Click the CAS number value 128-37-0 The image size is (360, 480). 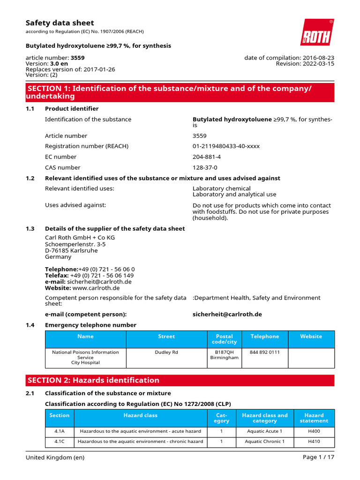(x=205, y=167)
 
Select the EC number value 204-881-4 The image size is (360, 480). (x=207, y=157)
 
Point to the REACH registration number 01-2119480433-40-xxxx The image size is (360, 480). (x=226, y=146)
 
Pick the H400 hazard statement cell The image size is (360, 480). (x=314, y=431)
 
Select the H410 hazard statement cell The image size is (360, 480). (x=314, y=442)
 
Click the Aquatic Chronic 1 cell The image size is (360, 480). (x=264, y=442)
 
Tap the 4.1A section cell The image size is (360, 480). (x=59, y=431)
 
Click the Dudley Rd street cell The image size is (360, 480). (x=166, y=352)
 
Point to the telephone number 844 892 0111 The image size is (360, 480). (x=264, y=352)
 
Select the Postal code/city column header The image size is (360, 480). (x=224, y=339)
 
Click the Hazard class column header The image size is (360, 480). (x=140, y=415)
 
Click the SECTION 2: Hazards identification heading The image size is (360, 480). (x=94, y=380)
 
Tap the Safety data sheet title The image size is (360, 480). (x=60, y=23)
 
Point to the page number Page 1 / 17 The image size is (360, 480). (x=319, y=457)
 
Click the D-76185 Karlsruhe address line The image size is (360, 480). (x=71, y=250)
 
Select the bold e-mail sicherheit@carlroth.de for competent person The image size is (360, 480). (x=227, y=314)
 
